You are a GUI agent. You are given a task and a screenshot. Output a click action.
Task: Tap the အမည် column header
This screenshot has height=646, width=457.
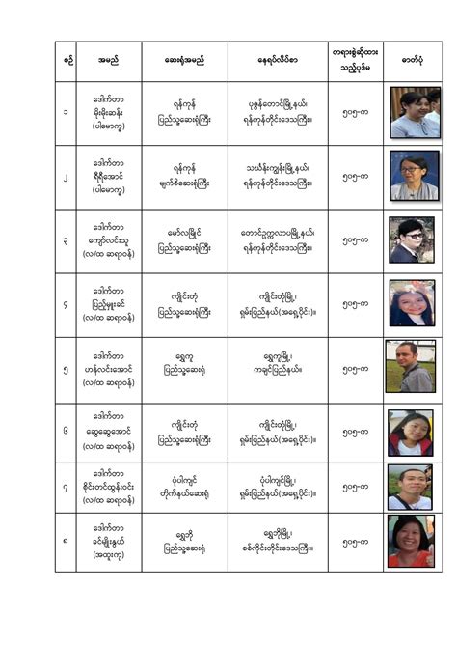click(x=108, y=61)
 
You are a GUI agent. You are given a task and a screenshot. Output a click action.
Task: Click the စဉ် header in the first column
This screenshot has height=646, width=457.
click(x=66, y=61)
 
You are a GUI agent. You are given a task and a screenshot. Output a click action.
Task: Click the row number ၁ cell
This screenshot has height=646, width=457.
click(x=66, y=112)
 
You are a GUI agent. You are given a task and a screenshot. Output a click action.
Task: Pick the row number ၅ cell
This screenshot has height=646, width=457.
click(x=66, y=368)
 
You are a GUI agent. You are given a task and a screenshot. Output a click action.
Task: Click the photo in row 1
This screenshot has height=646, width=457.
click(x=414, y=112)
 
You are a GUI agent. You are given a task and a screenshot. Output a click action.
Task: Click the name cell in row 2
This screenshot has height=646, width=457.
click(x=108, y=178)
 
